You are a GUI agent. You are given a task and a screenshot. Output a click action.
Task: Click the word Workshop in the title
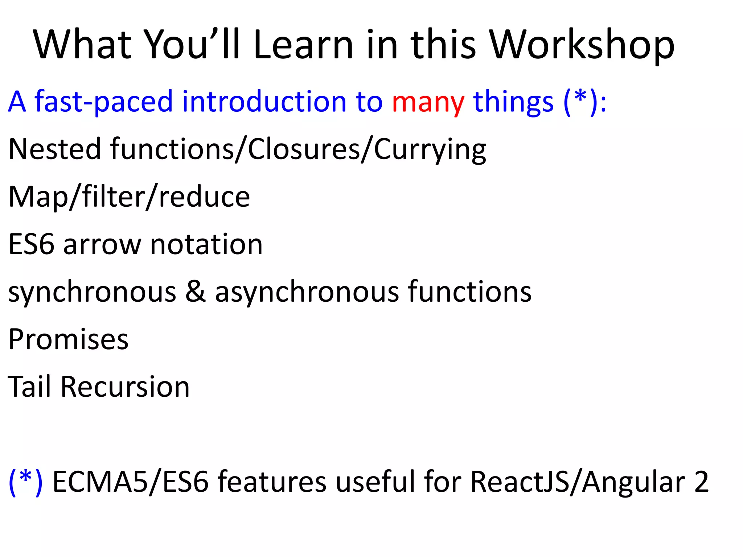(582, 45)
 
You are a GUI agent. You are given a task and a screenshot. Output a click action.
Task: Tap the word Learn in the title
(303, 45)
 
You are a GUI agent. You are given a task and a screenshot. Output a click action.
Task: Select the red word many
(428, 102)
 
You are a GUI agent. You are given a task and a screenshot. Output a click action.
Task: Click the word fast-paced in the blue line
(104, 102)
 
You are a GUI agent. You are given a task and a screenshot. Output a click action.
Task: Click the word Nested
(54, 149)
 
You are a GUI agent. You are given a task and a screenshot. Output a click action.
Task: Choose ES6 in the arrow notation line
(31, 244)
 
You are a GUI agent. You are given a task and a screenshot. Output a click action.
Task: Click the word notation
(206, 244)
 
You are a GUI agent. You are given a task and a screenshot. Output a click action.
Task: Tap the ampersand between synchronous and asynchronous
(196, 292)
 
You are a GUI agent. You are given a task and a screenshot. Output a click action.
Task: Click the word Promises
(68, 340)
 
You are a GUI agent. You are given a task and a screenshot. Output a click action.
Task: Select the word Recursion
(125, 387)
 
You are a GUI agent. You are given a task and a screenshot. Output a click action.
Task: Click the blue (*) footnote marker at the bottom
(25, 482)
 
